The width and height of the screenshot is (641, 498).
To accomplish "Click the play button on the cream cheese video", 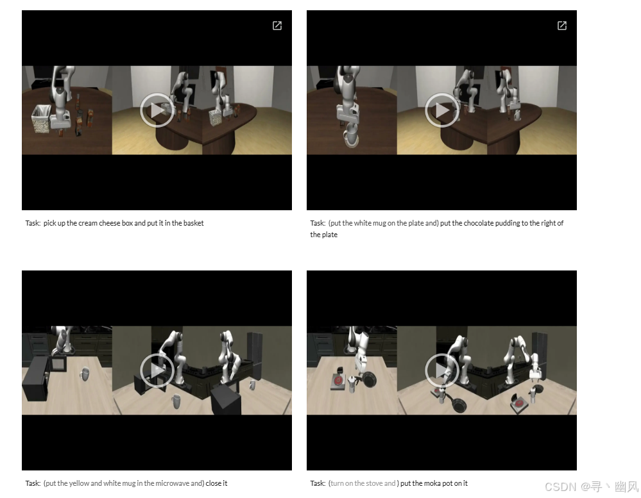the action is click(157, 110).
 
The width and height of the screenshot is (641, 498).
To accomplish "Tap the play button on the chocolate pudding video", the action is click(442, 110).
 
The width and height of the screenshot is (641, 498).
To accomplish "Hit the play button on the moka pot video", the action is click(442, 370).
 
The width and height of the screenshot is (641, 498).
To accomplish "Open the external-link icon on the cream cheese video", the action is click(277, 26).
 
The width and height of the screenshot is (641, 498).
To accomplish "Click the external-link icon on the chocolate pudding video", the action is click(562, 26).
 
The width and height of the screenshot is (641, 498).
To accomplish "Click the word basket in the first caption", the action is click(193, 223).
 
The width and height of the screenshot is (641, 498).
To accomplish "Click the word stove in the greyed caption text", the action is click(374, 483).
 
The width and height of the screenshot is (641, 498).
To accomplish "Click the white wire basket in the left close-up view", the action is click(41, 119).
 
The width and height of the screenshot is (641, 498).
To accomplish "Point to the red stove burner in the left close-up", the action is click(338, 381).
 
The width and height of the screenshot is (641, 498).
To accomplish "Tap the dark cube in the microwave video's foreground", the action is click(226, 400).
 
